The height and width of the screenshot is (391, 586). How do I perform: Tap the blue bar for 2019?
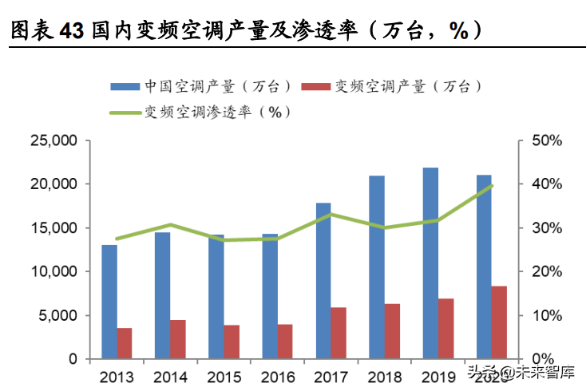point(430,263)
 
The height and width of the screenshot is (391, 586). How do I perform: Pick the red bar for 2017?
point(339,333)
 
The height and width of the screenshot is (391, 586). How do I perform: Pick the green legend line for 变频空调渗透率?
point(126,113)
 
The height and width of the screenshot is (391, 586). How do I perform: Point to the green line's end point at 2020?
point(492,186)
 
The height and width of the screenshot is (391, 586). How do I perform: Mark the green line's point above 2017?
point(331,215)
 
